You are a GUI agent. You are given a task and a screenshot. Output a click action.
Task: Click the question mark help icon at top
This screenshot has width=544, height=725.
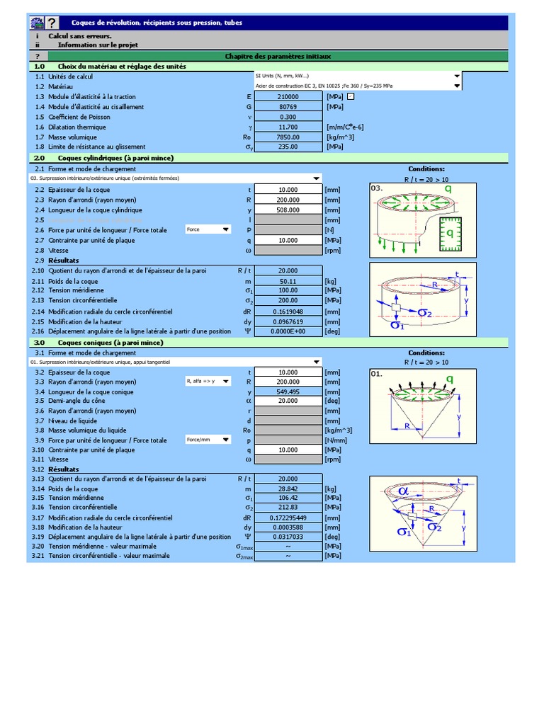point(52,23)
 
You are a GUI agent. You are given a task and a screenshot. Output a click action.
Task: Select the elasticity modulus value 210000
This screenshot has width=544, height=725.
point(288,96)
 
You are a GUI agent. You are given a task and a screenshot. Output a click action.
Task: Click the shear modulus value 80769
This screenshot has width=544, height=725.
point(288,107)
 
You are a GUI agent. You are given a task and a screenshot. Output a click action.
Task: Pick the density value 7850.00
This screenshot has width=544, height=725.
point(288,137)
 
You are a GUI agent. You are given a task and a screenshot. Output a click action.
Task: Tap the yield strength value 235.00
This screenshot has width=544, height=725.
point(288,147)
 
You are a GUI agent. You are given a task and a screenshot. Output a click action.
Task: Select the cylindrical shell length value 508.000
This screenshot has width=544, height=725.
point(288,210)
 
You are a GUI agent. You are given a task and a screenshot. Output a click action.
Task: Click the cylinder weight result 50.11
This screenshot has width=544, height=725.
point(288,281)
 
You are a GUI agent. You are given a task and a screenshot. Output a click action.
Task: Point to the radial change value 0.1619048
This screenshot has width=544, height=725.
point(288,312)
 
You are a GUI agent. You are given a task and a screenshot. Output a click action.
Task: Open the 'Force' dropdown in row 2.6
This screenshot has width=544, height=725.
point(226,229)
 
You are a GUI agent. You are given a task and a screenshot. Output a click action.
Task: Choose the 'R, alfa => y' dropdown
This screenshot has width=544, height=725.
point(226,382)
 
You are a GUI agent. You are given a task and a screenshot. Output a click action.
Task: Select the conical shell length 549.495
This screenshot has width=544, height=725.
point(288,391)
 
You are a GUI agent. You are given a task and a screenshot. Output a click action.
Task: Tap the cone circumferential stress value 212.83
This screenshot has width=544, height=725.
point(288,508)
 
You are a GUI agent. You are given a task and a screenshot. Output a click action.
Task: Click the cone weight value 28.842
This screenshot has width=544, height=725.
point(288,489)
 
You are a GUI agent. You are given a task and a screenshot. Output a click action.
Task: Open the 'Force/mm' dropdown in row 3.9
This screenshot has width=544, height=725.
point(226,440)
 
